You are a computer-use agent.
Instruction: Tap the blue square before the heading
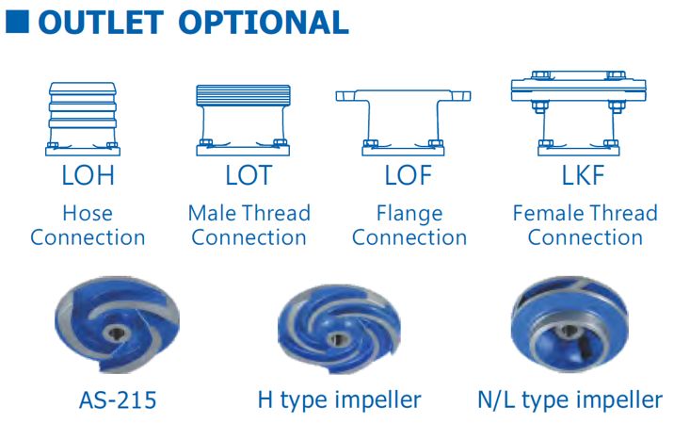pyautogui.click(x=18, y=21)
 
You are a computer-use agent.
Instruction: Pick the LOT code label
pyautogui.click(x=248, y=175)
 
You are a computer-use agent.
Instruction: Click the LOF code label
pyautogui.click(x=409, y=175)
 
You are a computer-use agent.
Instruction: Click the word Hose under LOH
pyautogui.click(x=88, y=213)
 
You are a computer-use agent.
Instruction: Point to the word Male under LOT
pyautogui.click(x=212, y=213)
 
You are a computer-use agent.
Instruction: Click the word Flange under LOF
pyautogui.click(x=409, y=213)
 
